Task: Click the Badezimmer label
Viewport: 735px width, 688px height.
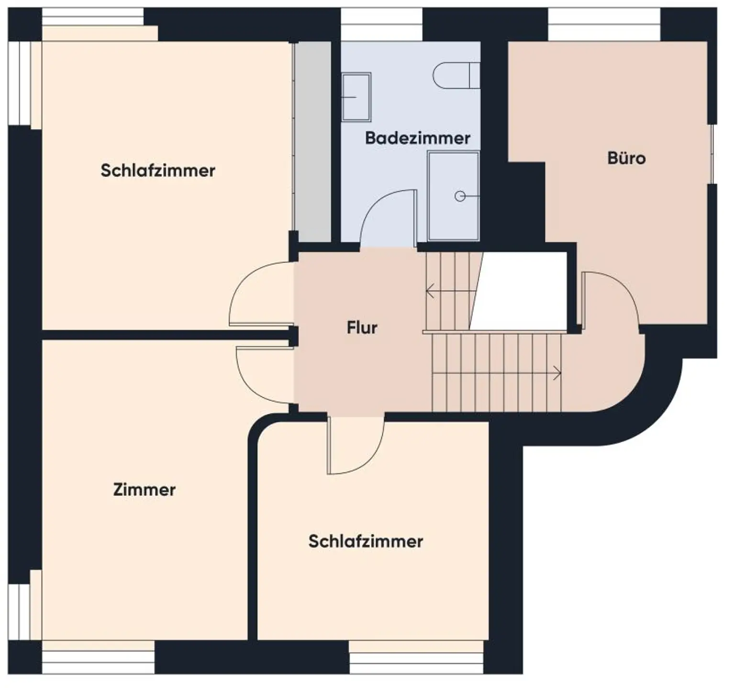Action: (x=417, y=138)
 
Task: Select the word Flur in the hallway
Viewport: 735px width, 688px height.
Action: (x=362, y=328)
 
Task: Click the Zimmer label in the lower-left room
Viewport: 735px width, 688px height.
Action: (x=144, y=490)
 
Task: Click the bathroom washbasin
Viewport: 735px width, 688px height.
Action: (x=356, y=97)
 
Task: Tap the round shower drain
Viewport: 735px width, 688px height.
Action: (x=459, y=196)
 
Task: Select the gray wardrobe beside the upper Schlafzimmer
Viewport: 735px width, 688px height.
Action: (x=312, y=142)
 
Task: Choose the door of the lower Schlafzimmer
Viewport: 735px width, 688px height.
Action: (x=356, y=447)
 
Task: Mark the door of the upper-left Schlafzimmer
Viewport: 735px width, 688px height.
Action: (x=258, y=294)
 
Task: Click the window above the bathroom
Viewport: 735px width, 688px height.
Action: (x=381, y=24)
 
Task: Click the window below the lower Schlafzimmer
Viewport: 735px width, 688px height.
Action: (x=416, y=662)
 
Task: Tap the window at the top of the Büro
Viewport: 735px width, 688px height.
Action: (x=604, y=24)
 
